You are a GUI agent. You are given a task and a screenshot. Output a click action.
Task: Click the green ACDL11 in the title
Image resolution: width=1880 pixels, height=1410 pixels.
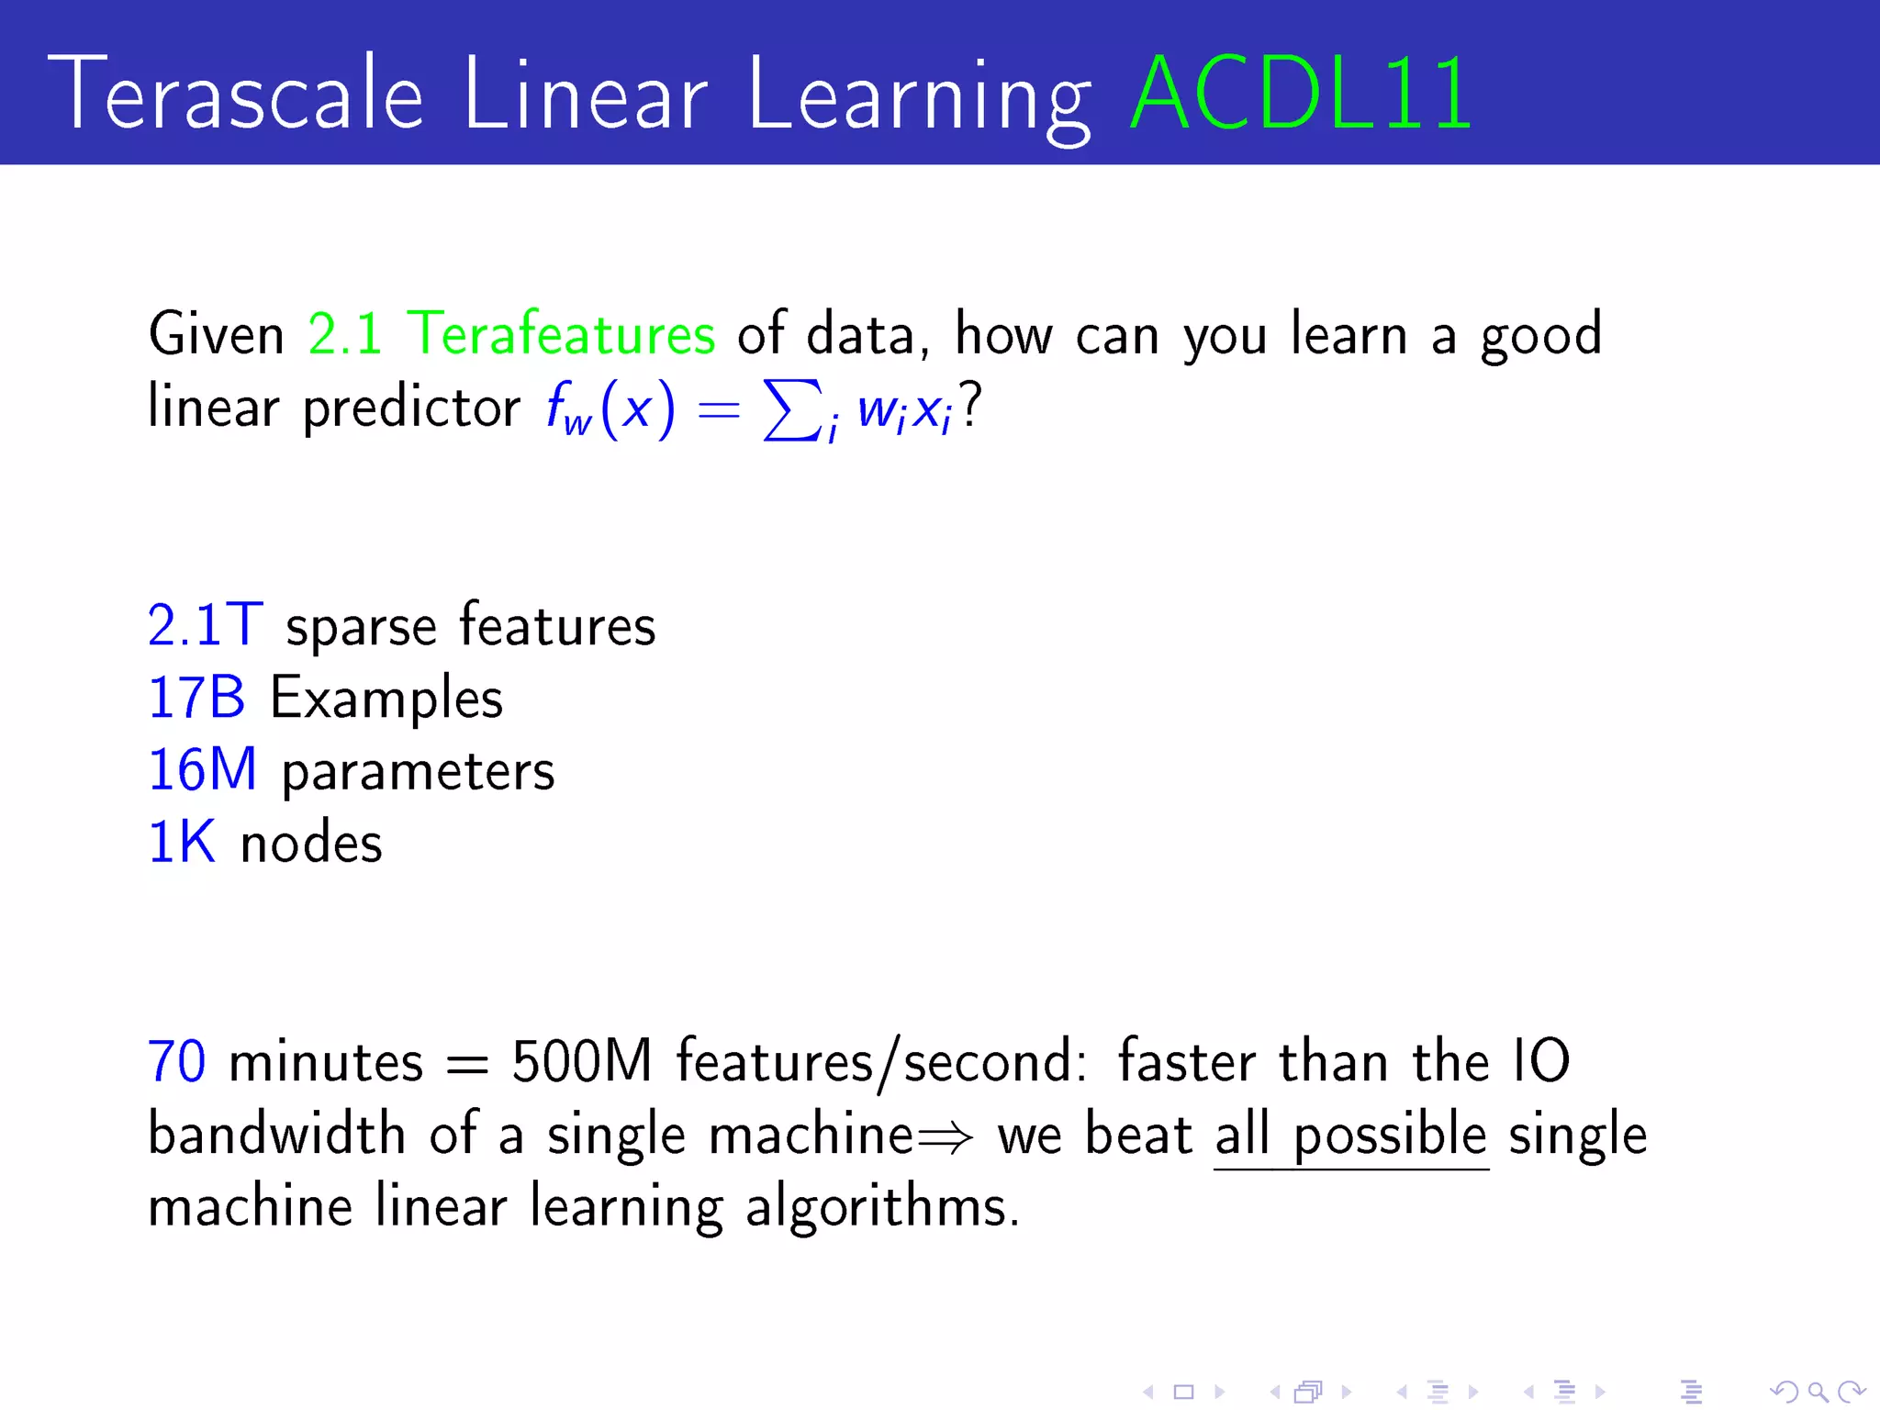(1302, 94)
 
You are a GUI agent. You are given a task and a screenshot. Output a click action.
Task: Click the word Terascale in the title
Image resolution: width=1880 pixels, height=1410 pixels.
(235, 94)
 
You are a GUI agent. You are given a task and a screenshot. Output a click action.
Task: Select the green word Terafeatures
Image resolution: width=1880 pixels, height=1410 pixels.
(561, 333)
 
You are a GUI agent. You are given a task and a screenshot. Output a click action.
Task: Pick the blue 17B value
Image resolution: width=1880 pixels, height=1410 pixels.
(196, 698)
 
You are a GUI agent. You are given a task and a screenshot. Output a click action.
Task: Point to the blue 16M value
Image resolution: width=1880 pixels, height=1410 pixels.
(202, 770)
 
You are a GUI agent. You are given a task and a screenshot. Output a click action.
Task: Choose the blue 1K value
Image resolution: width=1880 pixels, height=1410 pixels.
(182, 843)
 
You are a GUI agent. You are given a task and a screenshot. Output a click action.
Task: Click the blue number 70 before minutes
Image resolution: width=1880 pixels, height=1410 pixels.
(176, 1062)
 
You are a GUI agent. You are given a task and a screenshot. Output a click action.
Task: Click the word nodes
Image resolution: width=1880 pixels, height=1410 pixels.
(311, 844)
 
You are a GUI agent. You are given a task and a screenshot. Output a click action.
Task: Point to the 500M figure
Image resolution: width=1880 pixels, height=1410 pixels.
(581, 1062)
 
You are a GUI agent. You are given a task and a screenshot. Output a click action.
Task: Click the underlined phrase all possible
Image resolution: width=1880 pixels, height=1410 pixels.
(1350, 1136)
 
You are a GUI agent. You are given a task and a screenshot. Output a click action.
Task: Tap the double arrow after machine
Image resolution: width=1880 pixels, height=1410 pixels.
(945, 1139)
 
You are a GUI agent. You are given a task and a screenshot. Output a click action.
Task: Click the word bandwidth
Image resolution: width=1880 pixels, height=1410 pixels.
(276, 1135)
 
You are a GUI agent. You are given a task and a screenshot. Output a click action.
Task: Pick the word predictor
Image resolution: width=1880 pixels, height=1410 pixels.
(411, 408)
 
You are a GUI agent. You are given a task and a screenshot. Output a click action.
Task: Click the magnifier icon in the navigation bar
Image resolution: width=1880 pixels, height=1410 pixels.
(1817, 1392)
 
